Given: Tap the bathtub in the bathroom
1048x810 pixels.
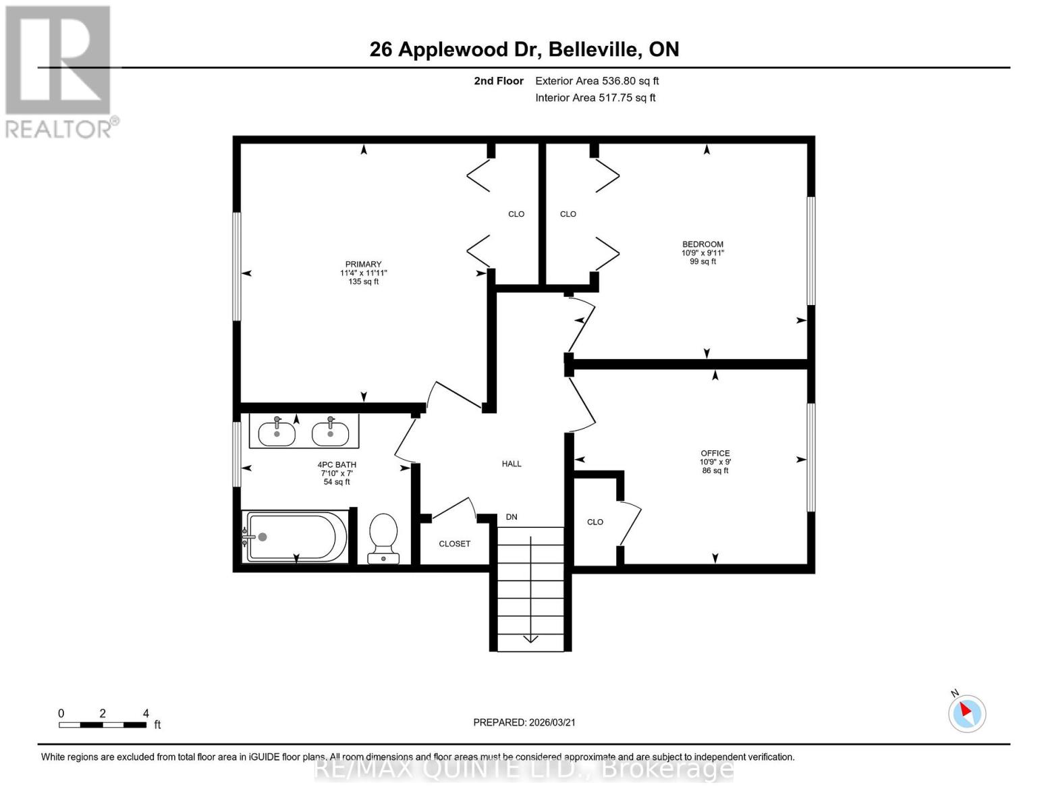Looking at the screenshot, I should tap(296, 537).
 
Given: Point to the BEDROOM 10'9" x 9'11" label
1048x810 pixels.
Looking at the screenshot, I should tap(702, 252).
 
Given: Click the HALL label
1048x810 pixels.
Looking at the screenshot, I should tap(512, 464).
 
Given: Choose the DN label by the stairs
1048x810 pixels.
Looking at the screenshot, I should tap(512, 517).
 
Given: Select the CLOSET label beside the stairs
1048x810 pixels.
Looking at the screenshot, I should tap(454, 543).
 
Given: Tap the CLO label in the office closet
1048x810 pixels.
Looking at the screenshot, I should tap(595, 522).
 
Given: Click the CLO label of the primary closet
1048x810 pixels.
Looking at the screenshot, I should tap(516, 214).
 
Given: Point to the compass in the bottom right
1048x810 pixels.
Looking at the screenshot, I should tap(967, 713).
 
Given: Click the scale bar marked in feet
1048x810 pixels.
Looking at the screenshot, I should tap(103, 724).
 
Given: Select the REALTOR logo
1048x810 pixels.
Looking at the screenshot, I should tap(59, 71).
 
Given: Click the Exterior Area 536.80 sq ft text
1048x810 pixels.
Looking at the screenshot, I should tap(597, 81).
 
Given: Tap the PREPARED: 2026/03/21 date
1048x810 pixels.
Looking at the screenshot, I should tap(524, 722).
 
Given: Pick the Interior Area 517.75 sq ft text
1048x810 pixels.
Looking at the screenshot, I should tap(595, 98).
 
